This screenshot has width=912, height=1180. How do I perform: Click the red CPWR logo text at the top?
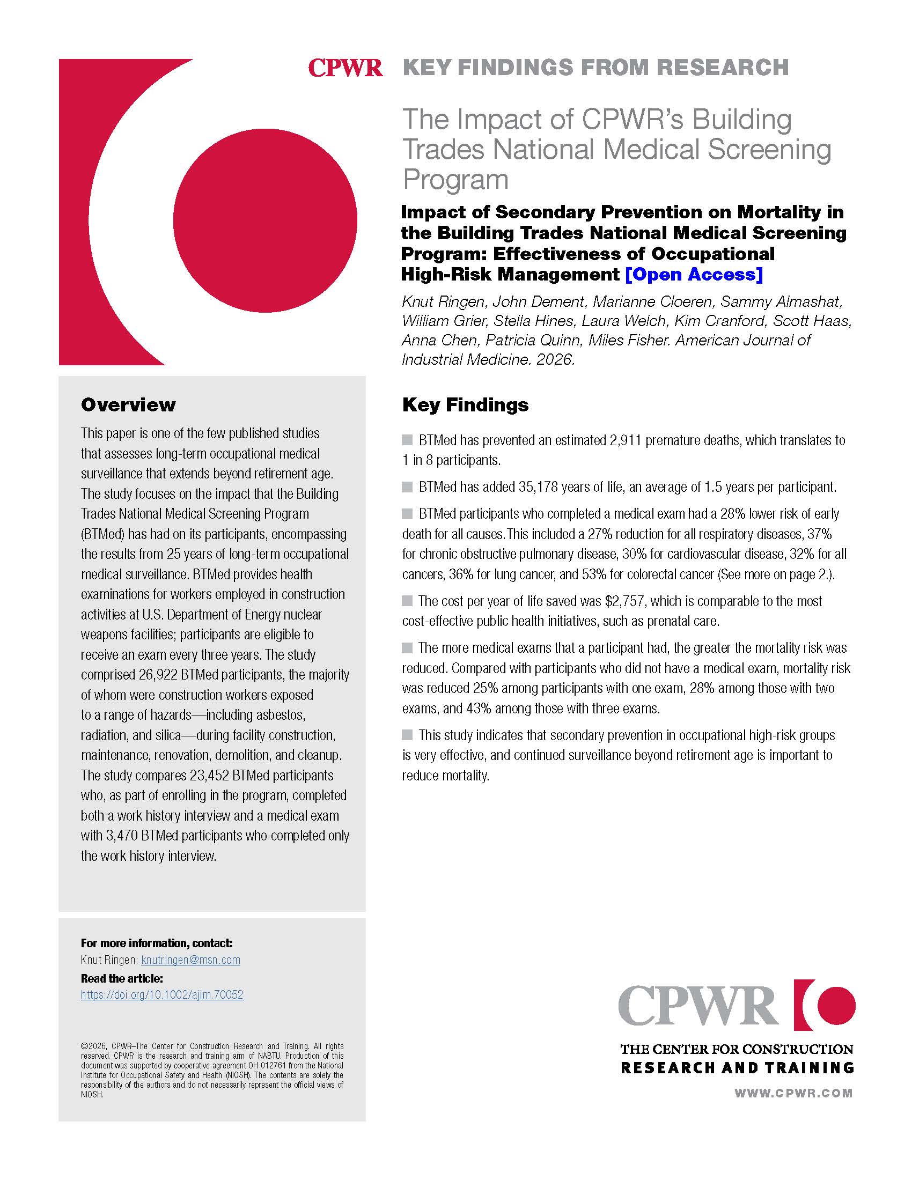coord(345,68)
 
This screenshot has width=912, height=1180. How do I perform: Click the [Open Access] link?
coord(694,275)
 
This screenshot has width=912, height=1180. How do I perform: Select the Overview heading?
coord(128,404)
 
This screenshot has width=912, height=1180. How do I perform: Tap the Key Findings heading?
coord(465,404)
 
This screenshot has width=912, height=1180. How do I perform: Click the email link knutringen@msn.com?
coord(190,960)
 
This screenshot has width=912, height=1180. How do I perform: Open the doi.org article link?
coord(162,994)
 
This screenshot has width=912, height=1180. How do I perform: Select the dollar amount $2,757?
coord(625,601)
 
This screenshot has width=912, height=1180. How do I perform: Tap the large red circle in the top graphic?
coord(264,220)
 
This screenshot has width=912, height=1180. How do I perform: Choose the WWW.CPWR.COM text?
coord(793,1093)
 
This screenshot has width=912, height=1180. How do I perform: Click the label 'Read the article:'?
coord(122,978)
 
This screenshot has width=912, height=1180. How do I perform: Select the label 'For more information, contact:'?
coord(157,943)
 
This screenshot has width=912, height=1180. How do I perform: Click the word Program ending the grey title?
coord(455,179)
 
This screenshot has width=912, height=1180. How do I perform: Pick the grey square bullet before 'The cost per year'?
coord(407,600)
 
